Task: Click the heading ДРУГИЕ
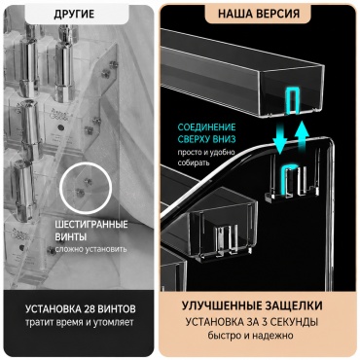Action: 74,15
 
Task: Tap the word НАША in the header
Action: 234,15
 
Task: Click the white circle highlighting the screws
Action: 87,188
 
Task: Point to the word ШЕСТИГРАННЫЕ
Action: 91,225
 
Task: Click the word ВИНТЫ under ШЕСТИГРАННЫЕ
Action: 70,237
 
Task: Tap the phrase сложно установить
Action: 90,249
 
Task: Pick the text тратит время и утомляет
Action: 80,322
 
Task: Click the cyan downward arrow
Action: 280,138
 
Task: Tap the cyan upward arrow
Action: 302,136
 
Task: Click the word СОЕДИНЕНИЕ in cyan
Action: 206,126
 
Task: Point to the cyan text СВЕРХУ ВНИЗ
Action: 206,139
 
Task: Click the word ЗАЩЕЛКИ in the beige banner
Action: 294,306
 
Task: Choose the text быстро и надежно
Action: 251,336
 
